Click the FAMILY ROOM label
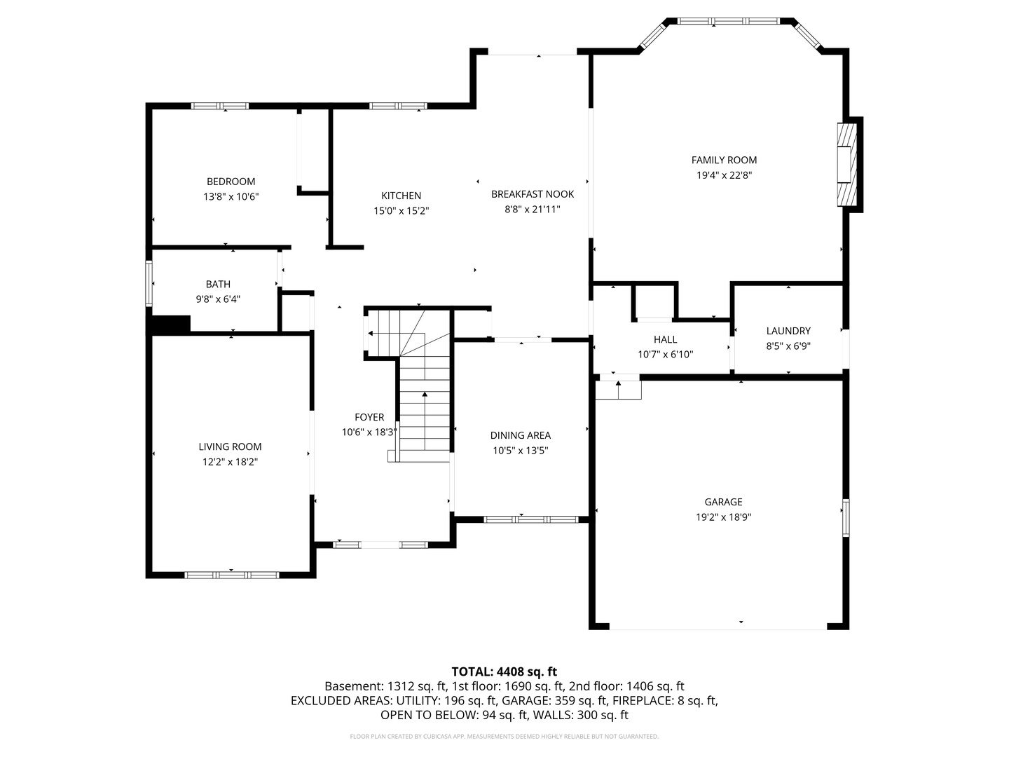pyautogui.click(x=724, y=160)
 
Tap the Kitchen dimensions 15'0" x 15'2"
pyautogui.click(x=401, y=210)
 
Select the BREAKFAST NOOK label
pyautogui.click(x=533, y=194)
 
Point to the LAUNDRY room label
pyautogui.click(x=788, y=331)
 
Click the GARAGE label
pyautogui.click(x=723, y=502)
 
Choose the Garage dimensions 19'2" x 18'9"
pyautogui.click(x=723, y=517)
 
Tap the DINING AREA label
pyautogui.click(x=520, y=435)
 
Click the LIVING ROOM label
pyautogui.click(x=230, y=446)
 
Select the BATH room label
pyautogui.click(x=218, y=284)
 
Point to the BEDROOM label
pyautogui.click(x=231, y=182)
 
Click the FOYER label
pyautogui.click(x=369, y=417)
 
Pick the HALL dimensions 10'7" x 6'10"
pyautogui.click(x=665, y=355)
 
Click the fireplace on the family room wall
pyautogui.click(x=848, y=165)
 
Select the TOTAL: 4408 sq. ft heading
pyautogui.click(x=504, y=671)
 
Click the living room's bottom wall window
pyautogui.click(x=232, y=575)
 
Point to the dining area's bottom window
pyautogui.click(x=531, y=519)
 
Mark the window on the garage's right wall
pyautogui.click(x=846, y=518)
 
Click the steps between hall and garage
pyautogui.click(x=618, y=388)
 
